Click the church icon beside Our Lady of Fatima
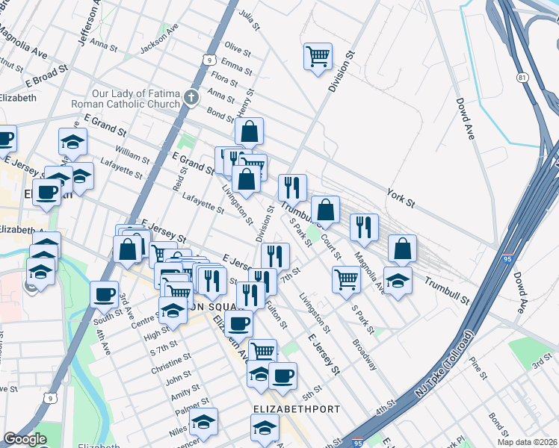click(x=192, y=98)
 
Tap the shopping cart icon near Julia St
click(x=318, y=56)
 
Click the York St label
click(x=401, y=197)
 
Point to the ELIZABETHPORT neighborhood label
click(x=297, y=409)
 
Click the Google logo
click(x=25, y=439)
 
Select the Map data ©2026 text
click(x=527, y=442)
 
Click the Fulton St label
click(x=277, y=314)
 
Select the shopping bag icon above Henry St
click(x=249, y=131)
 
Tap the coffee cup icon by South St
click(x=104, y=293)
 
